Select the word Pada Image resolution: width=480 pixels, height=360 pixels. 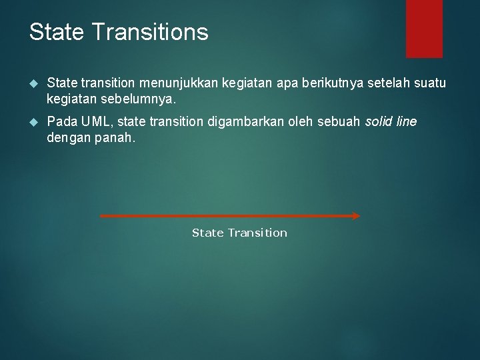[x=61, y=122]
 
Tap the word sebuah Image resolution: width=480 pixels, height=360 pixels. [x=340, y=122]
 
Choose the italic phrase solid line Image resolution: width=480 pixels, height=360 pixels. [x=391, y=122]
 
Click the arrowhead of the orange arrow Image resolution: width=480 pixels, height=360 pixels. [x=355, y=215]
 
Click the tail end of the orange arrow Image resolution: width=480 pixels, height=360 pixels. [x=102, y=215]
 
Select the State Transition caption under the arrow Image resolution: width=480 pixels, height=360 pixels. [x=239, y=233]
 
